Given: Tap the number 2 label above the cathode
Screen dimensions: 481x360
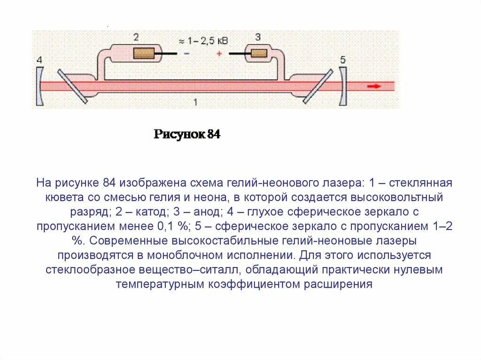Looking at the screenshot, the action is [x=136, y=37].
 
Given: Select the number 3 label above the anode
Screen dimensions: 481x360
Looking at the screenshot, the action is [x=258, y=37].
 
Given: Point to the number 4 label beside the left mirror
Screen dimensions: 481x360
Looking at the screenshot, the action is [x=39, y=60].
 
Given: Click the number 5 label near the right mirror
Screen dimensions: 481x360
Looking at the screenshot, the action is [x=343, y=60].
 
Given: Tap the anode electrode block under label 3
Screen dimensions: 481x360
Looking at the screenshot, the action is [x=258, y=53].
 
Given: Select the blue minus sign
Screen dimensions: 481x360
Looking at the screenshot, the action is [x=186, y=54].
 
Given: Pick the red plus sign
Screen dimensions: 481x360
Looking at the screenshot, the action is [x=219, y=54].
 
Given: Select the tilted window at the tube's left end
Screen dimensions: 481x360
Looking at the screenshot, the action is [x=72, y=86].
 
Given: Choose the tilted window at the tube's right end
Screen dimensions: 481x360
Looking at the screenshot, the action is [x=318, y=86].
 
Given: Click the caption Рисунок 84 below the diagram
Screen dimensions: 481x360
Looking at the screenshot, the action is [x=187, y=135].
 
